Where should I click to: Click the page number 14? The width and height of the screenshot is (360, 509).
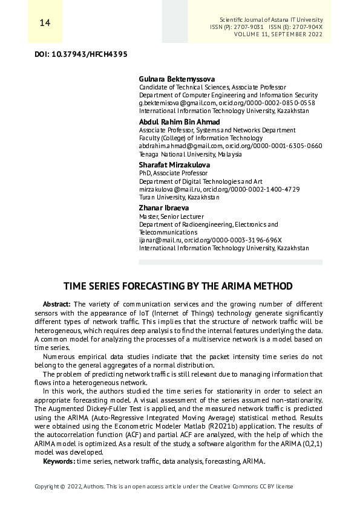pyautogui.click(x=44, y=23)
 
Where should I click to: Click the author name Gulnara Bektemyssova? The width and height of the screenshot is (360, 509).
pyautogui.click(x=177, y=79)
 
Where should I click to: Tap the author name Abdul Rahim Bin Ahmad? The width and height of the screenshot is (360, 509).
pyautogui.click(x=180, y=122)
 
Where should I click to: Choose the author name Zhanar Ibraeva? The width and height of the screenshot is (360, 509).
pyautogui.click(x=164, y=207)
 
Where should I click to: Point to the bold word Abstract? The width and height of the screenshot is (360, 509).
pyautogui.click(x=57, y=303)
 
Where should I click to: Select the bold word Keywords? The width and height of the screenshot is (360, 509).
pyautogui.click(x=59, y=461)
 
